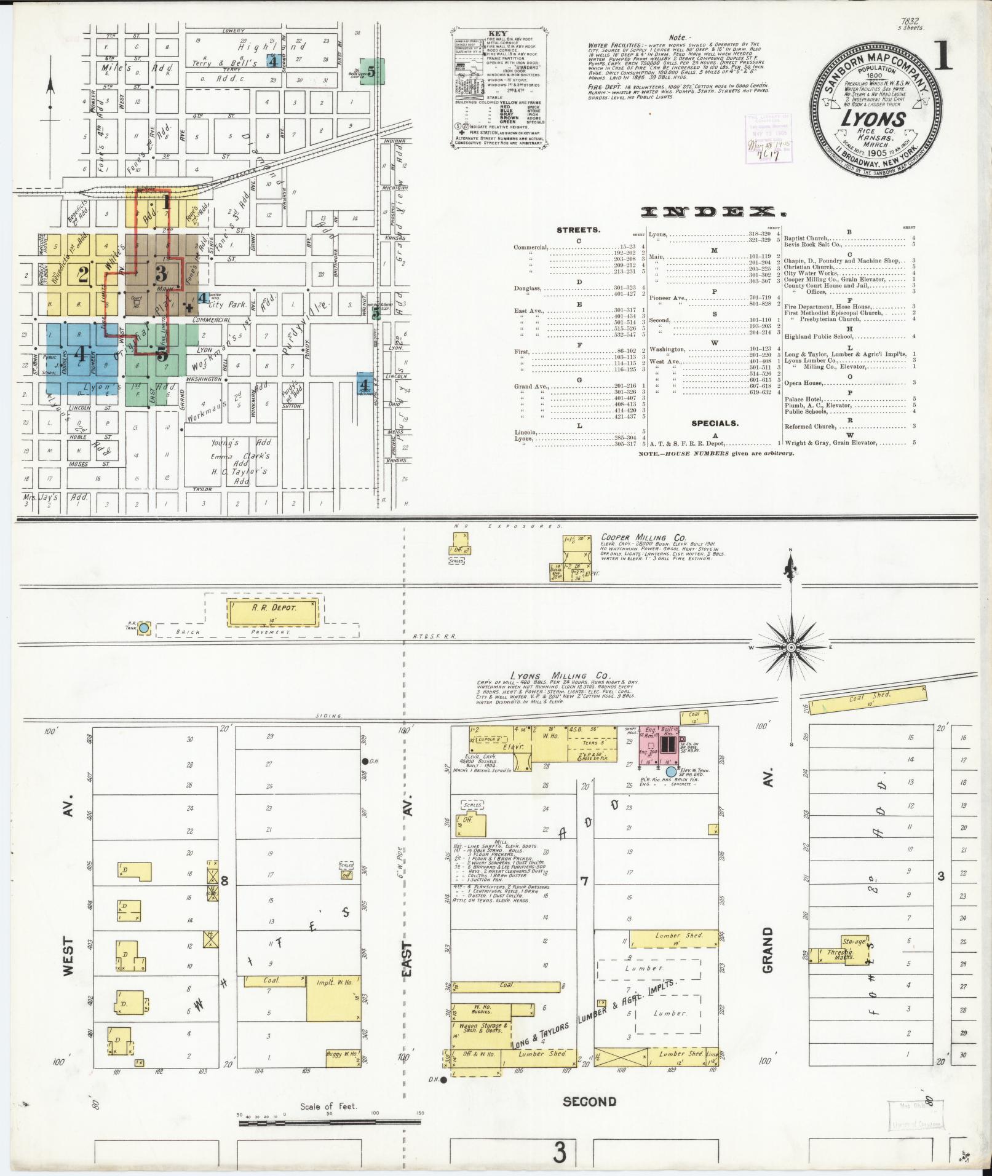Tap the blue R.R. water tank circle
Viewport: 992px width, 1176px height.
pos(143,628)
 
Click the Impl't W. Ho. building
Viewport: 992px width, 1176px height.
pos(333,1000)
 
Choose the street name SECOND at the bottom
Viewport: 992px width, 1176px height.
pos(589,1101)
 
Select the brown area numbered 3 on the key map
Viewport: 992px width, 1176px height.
pos(162,274)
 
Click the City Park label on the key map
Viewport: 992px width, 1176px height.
pos(227,304)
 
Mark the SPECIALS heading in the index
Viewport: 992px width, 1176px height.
pos(714,423)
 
